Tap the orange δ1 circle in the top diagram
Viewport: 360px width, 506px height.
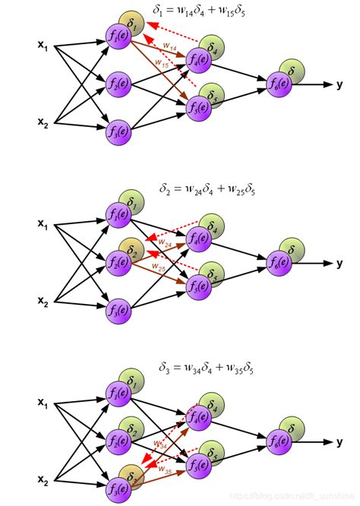(133, 25)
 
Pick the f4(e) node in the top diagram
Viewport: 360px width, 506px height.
(199, 59)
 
